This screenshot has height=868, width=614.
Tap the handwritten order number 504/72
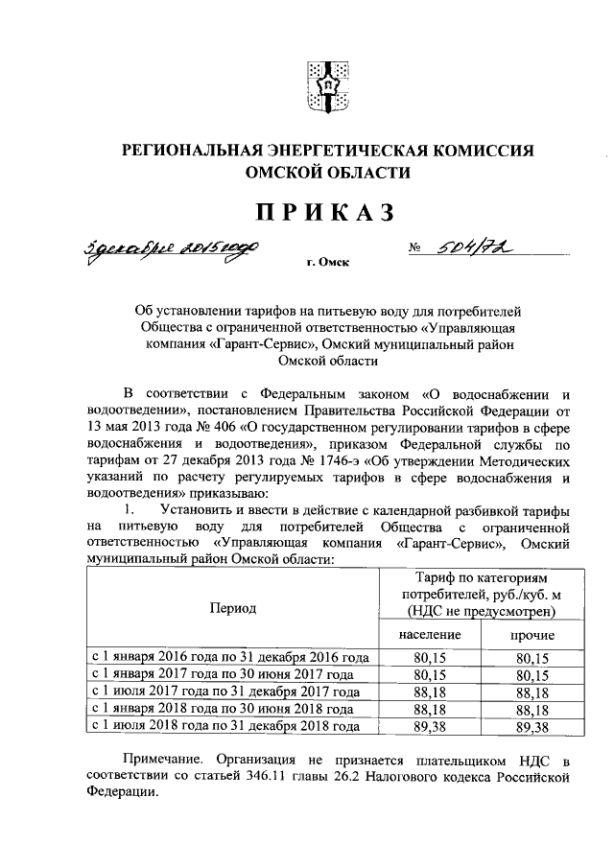point(469,248)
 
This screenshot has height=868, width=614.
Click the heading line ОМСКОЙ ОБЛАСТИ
point(326,173)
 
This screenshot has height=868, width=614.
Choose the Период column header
point(230,609)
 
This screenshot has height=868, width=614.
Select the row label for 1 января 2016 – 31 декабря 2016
point(229,658)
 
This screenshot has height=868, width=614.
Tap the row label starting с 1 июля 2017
point(225,692)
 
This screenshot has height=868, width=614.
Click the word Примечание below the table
point(178,760)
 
